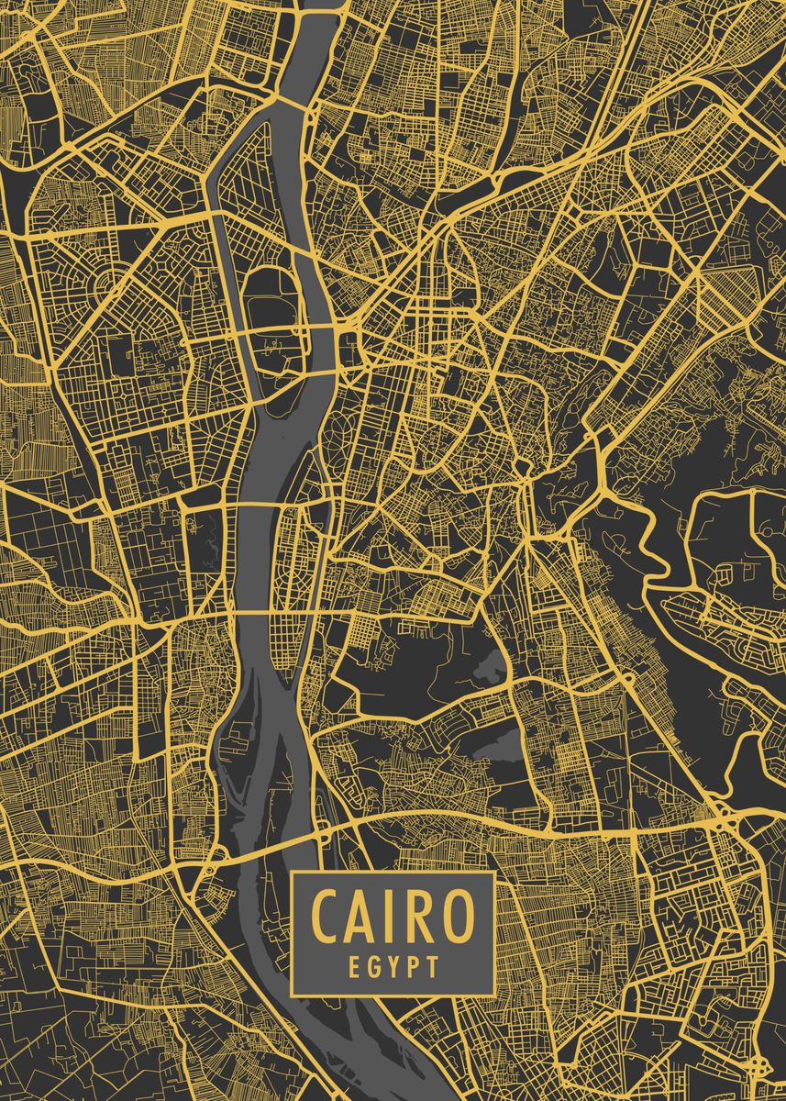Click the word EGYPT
(x=393, y=965)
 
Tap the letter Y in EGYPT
(x=393, y=965)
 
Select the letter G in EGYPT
(x=372, y=965)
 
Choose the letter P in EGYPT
(x=413, y=965)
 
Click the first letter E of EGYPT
(x=353, y=965)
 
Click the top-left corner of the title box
(x=292, y=873)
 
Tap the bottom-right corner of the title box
(x=494, y=995)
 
